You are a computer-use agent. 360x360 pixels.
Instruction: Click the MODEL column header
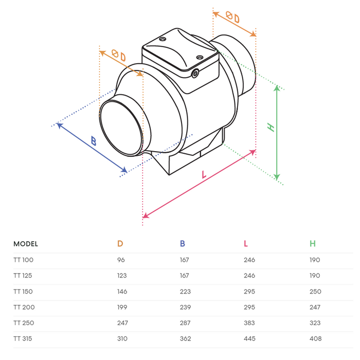[x=26, y=244]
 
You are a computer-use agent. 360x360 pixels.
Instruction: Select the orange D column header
[x=120, y=244]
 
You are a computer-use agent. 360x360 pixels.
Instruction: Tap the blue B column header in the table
[x=183, y=244]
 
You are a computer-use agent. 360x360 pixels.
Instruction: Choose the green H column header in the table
[x=313, y=244]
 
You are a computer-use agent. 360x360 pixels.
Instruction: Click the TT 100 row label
[x=23, y=260]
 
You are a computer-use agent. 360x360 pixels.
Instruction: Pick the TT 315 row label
[x=23, y=338]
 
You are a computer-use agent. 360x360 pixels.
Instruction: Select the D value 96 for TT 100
[x=121, y=260]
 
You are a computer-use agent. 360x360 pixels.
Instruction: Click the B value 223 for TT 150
[x=185, y=292]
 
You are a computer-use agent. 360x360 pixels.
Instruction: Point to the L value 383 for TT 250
[x=249, y=323]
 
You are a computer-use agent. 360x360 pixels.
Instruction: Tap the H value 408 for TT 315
[x=316, y=338]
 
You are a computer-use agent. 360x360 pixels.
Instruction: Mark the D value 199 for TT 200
[x=122, y=307]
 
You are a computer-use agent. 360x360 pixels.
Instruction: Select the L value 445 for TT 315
[x=249, y=338]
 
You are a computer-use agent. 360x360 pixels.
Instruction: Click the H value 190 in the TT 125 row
[x=315, y=276]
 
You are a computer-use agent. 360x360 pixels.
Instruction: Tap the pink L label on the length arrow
[x=204, y=175]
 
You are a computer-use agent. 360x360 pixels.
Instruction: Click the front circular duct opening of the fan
[x=120, y=128]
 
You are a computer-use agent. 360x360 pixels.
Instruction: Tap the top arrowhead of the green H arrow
[x=277, y=87]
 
